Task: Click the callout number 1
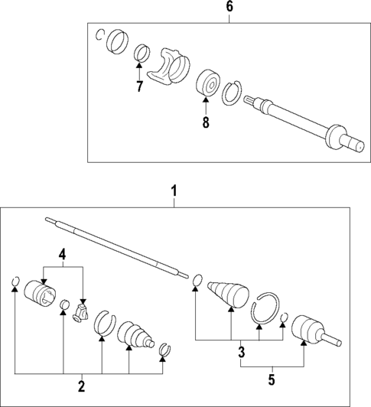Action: [174, 187]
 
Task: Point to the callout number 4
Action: [63, 254]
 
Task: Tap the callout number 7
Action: [139, 86]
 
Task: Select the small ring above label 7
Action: [140, 54]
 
